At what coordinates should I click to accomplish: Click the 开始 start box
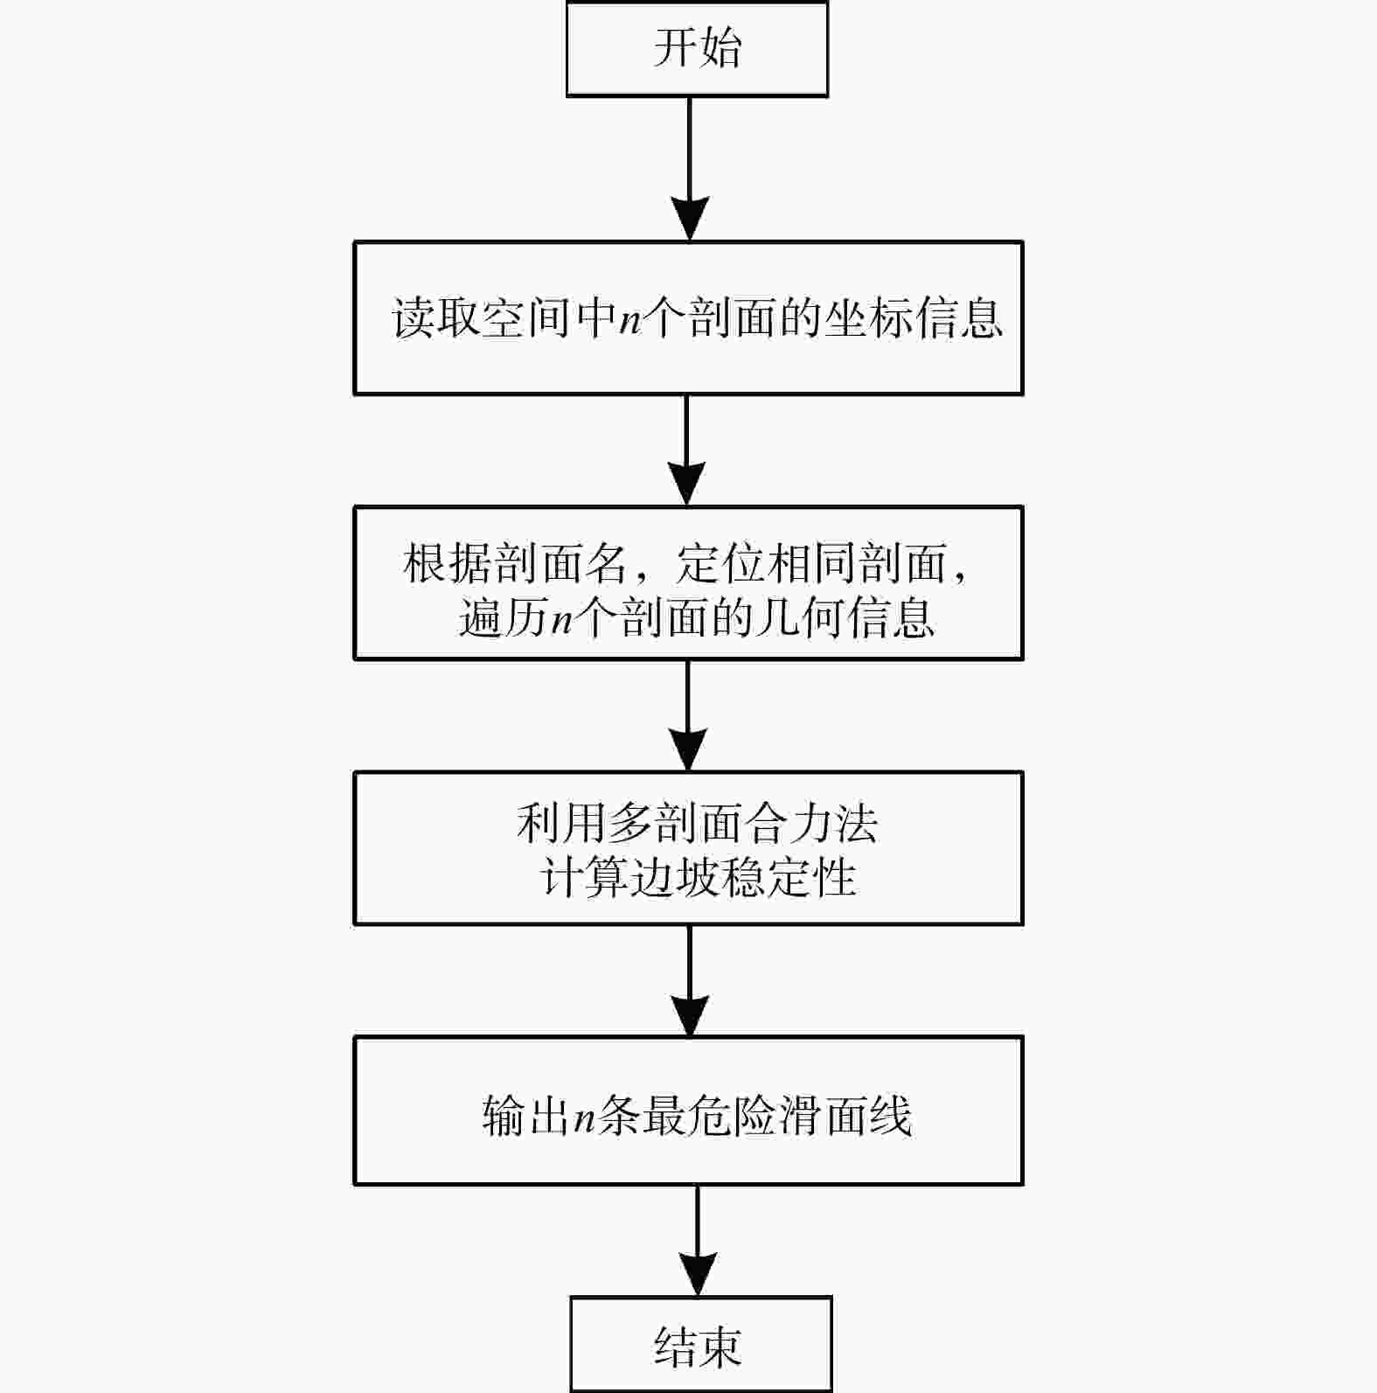tap(697, 49)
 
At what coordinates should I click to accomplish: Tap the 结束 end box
tap(700, 1345)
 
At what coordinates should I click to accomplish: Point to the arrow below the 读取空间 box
tap(686, 449)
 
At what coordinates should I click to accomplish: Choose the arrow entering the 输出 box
tap(691, 980)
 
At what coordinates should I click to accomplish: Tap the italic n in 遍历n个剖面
tap(562, 620)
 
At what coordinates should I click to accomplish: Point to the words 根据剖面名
tap(515, 564)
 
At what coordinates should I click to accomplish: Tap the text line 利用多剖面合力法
tap(697, 824)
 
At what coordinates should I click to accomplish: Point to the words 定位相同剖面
tap(811, 564)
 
